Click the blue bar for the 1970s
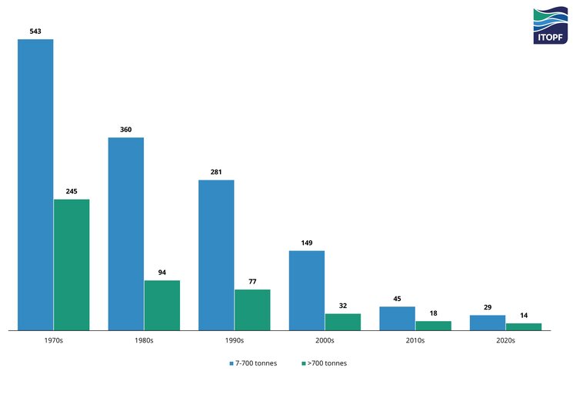tap(35, 184)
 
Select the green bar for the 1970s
tap(72, 265)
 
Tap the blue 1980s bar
tap(126, 233)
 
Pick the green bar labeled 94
tap(162, 305)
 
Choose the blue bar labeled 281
tap(216, 255)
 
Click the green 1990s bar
tap(252, 310)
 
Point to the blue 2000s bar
tap(307, 290)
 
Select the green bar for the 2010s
tap(433, 326)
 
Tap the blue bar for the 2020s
tap(488, 323)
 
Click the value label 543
tap(35, 31)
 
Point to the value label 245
tap(72, 191)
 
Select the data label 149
tap(307, 243)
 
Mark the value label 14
tap(524, 315)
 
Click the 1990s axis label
tap(235, 339)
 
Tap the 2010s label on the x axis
tap(415, 339)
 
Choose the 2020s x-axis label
tap(505, 339)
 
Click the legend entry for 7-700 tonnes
tap(253, 363)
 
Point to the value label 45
tap(397, 299)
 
